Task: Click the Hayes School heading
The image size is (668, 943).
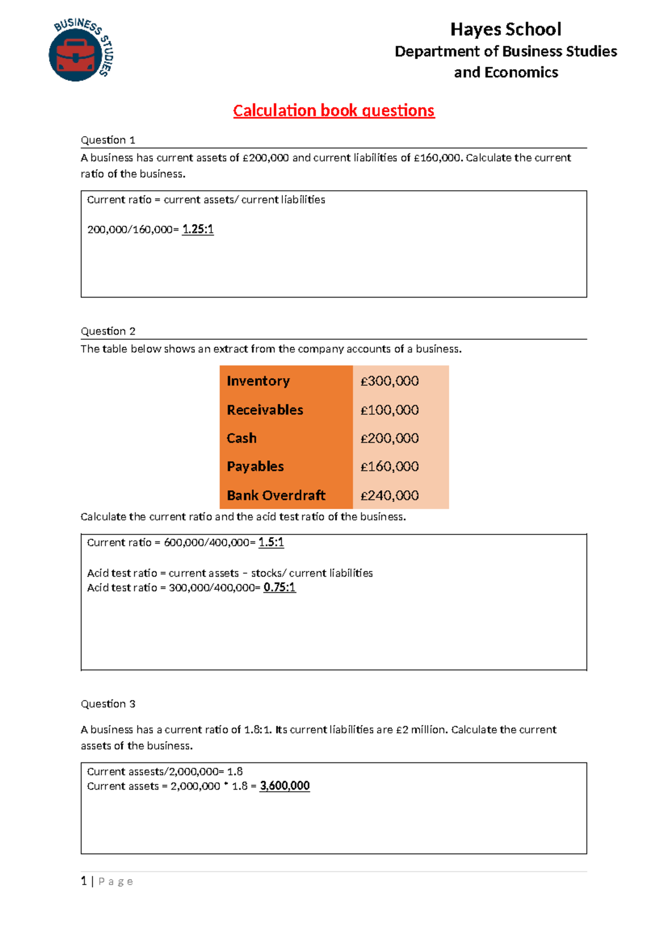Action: coord(505,29)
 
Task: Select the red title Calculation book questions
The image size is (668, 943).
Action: coord(333,111)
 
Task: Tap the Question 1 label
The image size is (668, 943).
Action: coord(108,140)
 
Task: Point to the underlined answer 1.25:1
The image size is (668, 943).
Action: coord(198,229)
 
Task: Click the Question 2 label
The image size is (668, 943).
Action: coord(108,331)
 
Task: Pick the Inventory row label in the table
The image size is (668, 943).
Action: coord(258,381)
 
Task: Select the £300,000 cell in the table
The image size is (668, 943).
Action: coord(390,381)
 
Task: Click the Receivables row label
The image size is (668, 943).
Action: coord(265,410)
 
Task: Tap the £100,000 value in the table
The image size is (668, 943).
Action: coord(390,410)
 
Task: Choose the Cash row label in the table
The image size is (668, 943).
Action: coord(242,438)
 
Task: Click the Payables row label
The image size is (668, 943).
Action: coord(256,466)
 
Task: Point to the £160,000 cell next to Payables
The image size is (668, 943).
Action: coord(390,466)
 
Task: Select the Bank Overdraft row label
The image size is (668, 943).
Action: coord(276,495)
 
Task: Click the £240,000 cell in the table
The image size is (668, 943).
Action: coord(390,495)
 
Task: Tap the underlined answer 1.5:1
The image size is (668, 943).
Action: coord(271,542)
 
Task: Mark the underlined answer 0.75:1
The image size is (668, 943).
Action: coord(279,587)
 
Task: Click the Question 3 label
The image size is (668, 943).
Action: coord(108,704)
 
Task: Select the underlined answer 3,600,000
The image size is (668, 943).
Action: coord(284,786)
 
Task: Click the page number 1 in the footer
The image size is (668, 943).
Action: coord(84,881)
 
